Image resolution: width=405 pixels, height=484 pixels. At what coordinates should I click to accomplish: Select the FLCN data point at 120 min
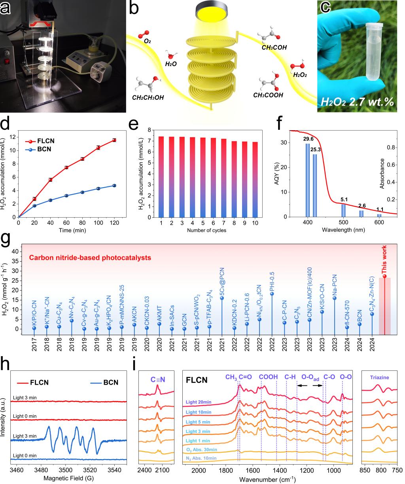click(x=114, y=140)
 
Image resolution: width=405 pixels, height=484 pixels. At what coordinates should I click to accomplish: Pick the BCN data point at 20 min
click(x=34, y=206)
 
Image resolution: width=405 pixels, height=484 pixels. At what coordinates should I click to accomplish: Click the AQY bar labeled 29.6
click(x=307, y=180)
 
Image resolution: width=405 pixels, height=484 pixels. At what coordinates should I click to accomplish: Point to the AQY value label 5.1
click(x=344, y=199)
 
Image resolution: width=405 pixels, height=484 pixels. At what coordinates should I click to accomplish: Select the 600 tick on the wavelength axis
click(x=379, y=223)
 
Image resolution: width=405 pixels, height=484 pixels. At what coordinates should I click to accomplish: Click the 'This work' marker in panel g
click(x=384, y=276)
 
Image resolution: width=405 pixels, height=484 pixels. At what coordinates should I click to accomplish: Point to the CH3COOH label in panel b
click(x=268, y=95)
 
